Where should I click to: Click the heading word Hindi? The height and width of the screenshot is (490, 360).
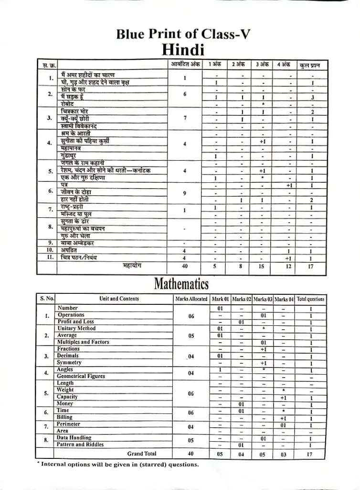tap(183, 49)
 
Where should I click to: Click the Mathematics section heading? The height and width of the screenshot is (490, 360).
tap(181, 284)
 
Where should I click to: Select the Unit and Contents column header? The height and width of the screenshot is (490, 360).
tap(119, 299)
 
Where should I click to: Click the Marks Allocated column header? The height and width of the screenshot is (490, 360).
tap(191, 299)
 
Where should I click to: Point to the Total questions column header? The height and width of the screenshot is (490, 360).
tap(310, 299)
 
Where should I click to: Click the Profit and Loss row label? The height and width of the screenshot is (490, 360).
tap(75, 322)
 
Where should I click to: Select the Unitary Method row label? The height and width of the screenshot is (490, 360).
tap(76, 328)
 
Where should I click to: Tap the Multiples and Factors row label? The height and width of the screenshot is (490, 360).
tap(83, 342)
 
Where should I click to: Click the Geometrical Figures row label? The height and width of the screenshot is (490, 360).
tap(81, 376)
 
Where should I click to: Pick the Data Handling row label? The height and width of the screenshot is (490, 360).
tap(74, 437)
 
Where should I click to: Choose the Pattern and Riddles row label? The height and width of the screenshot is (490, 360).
tap(80, 445)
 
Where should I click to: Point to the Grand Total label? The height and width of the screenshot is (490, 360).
tap(141, 454)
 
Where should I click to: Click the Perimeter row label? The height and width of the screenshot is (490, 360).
tap(69, 424)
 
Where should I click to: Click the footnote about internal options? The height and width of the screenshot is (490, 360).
tap(117, 464)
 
